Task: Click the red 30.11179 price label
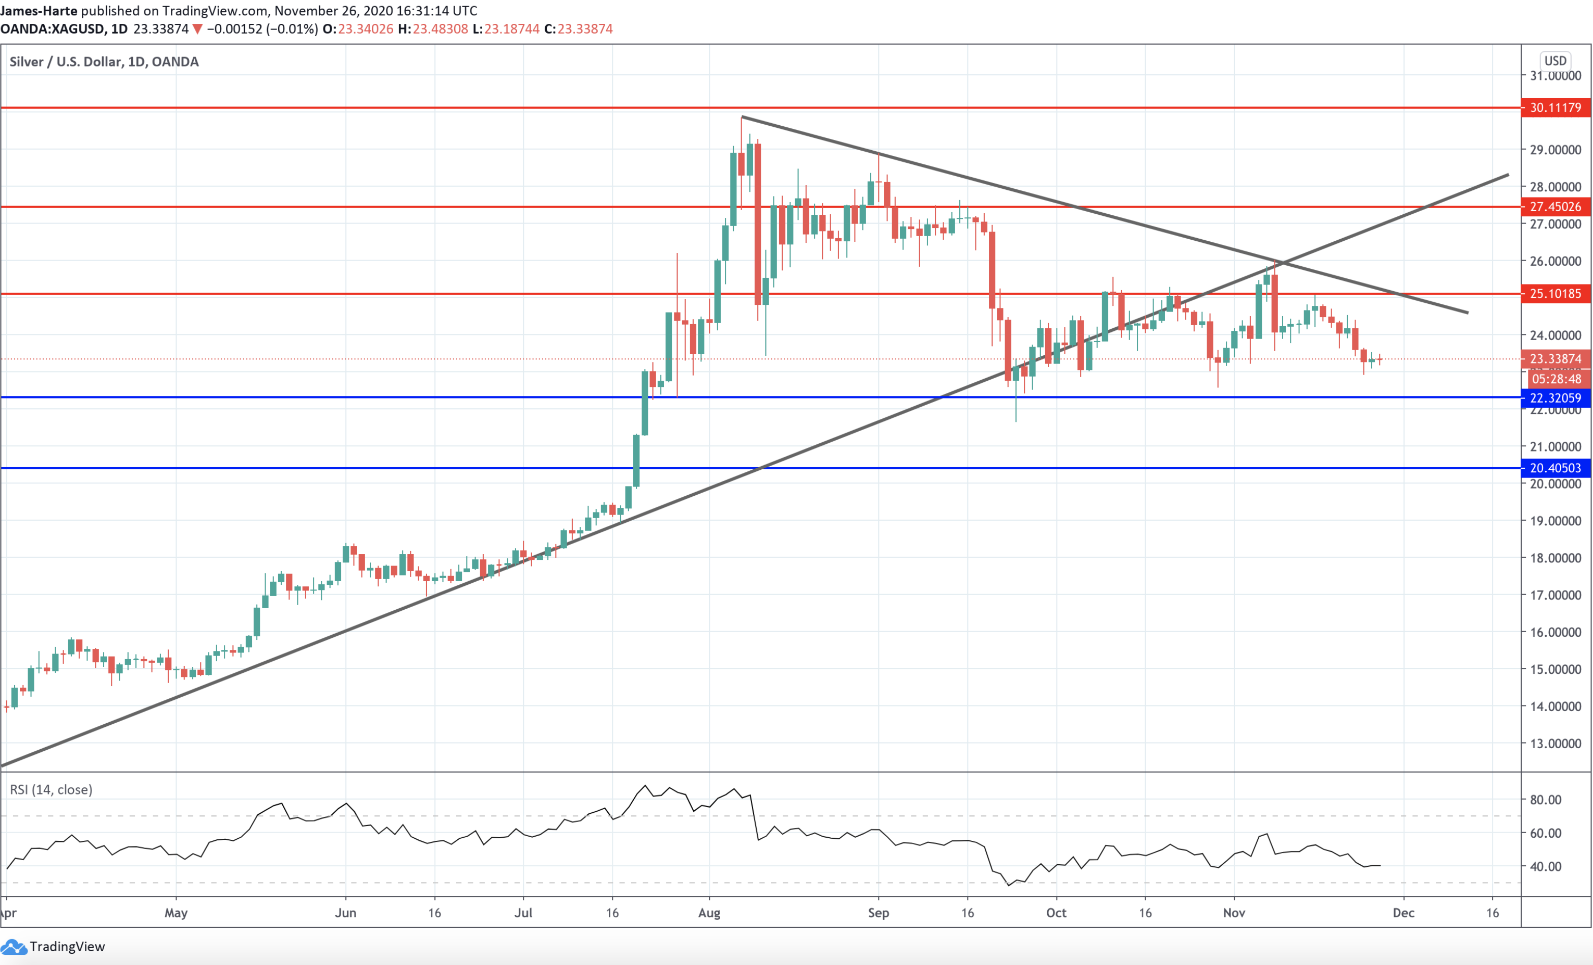tap(1555, 107)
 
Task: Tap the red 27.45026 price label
tap(1555, 207)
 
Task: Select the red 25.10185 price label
tap(1555, 294)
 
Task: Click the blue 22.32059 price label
tap(1555, 398)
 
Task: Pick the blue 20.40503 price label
tap(1555, 468)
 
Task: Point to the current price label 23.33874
tap(1555, 359)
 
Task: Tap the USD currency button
tap(1555, 61)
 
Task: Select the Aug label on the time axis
tap(709, 913)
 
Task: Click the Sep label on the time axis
tap(878, 913)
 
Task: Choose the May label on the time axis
tap(176, 913)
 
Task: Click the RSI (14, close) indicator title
tap(51, 790)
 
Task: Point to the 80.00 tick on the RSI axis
tap(1545, 800)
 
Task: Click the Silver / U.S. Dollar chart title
tap(103, 62)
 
